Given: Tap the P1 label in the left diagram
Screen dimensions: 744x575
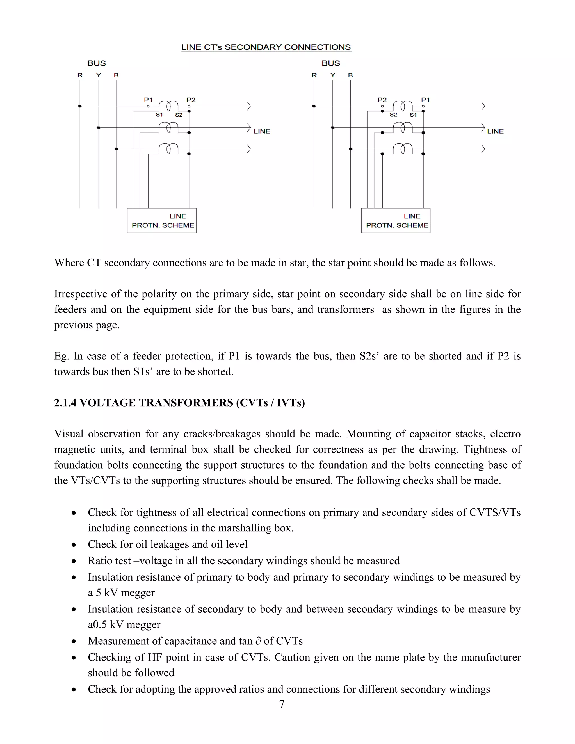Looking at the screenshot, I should pos(148,100).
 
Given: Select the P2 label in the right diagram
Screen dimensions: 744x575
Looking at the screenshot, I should pos(382,100).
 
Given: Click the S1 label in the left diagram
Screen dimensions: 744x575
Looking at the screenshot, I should pos(159,115).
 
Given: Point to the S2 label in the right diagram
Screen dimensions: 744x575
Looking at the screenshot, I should pos(393,115).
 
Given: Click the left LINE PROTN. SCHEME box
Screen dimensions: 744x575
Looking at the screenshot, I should pos(161,221).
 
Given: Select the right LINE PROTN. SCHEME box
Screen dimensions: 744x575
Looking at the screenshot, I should pos(396,221).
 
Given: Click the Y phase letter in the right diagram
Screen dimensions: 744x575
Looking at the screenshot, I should pos(333,75).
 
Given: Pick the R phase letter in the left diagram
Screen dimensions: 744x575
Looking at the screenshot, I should pos(80,75).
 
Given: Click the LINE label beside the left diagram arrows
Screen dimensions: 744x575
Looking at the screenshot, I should pos(262,131).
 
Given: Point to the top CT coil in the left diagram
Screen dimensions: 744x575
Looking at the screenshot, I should pos(168,106).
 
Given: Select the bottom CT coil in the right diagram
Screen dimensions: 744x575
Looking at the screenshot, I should pos(403,149).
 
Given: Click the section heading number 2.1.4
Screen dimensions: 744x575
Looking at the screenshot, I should pos(65,403).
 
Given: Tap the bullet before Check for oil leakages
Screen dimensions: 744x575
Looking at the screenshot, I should pos(74,545).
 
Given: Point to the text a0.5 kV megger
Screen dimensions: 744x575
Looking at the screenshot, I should pos(124,624).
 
